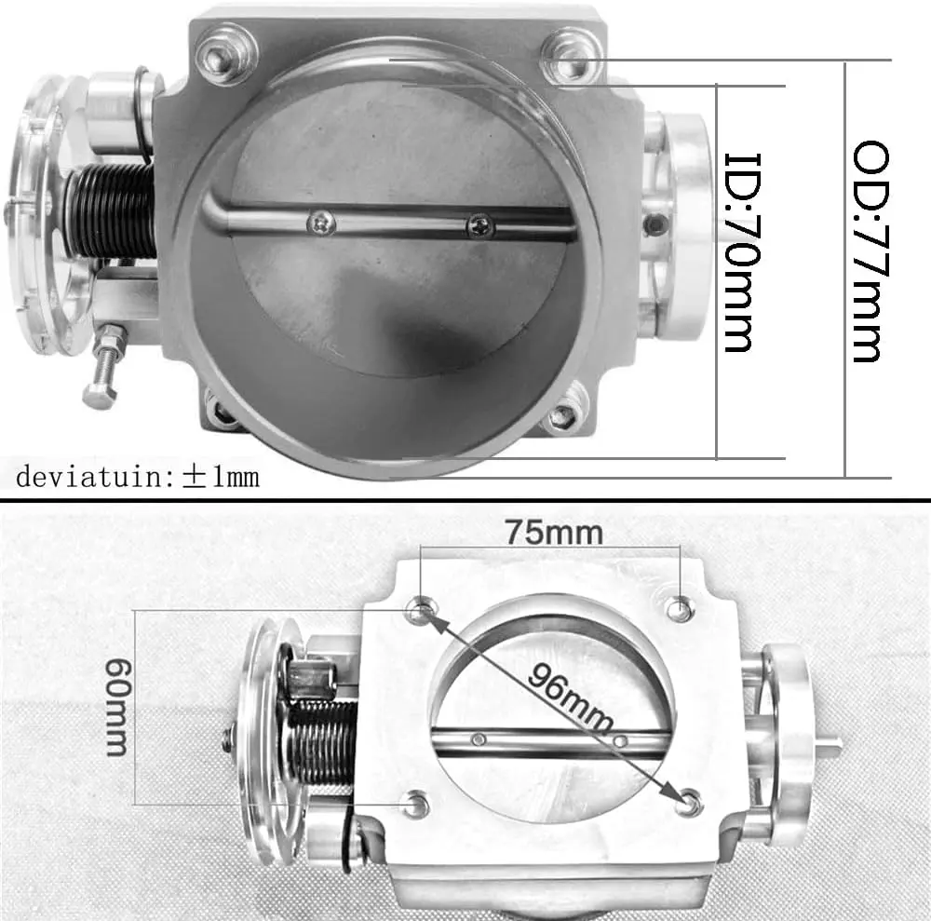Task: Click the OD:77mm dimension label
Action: [870, 251]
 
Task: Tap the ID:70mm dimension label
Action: [742, 252]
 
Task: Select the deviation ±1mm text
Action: [138, 477]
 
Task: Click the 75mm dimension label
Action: [554, 532]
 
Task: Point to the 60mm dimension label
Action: [116, 707]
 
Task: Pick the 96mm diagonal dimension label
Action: [570, 698]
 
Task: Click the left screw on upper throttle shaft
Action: [321, 223]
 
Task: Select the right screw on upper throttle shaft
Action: [480, 225]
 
